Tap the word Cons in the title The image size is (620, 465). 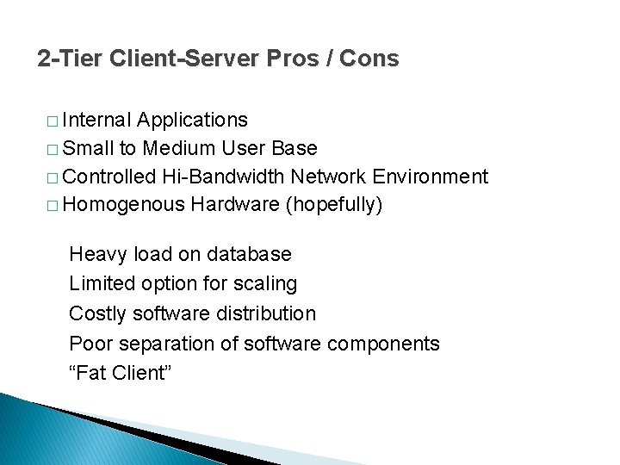click(369, 59)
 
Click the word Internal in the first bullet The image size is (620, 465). click(96, 119)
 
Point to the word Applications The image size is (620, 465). click(193, 120)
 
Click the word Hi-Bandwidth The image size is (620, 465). click(223, 177)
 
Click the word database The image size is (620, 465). click(249, 254)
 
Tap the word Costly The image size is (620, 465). click(96, 313)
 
